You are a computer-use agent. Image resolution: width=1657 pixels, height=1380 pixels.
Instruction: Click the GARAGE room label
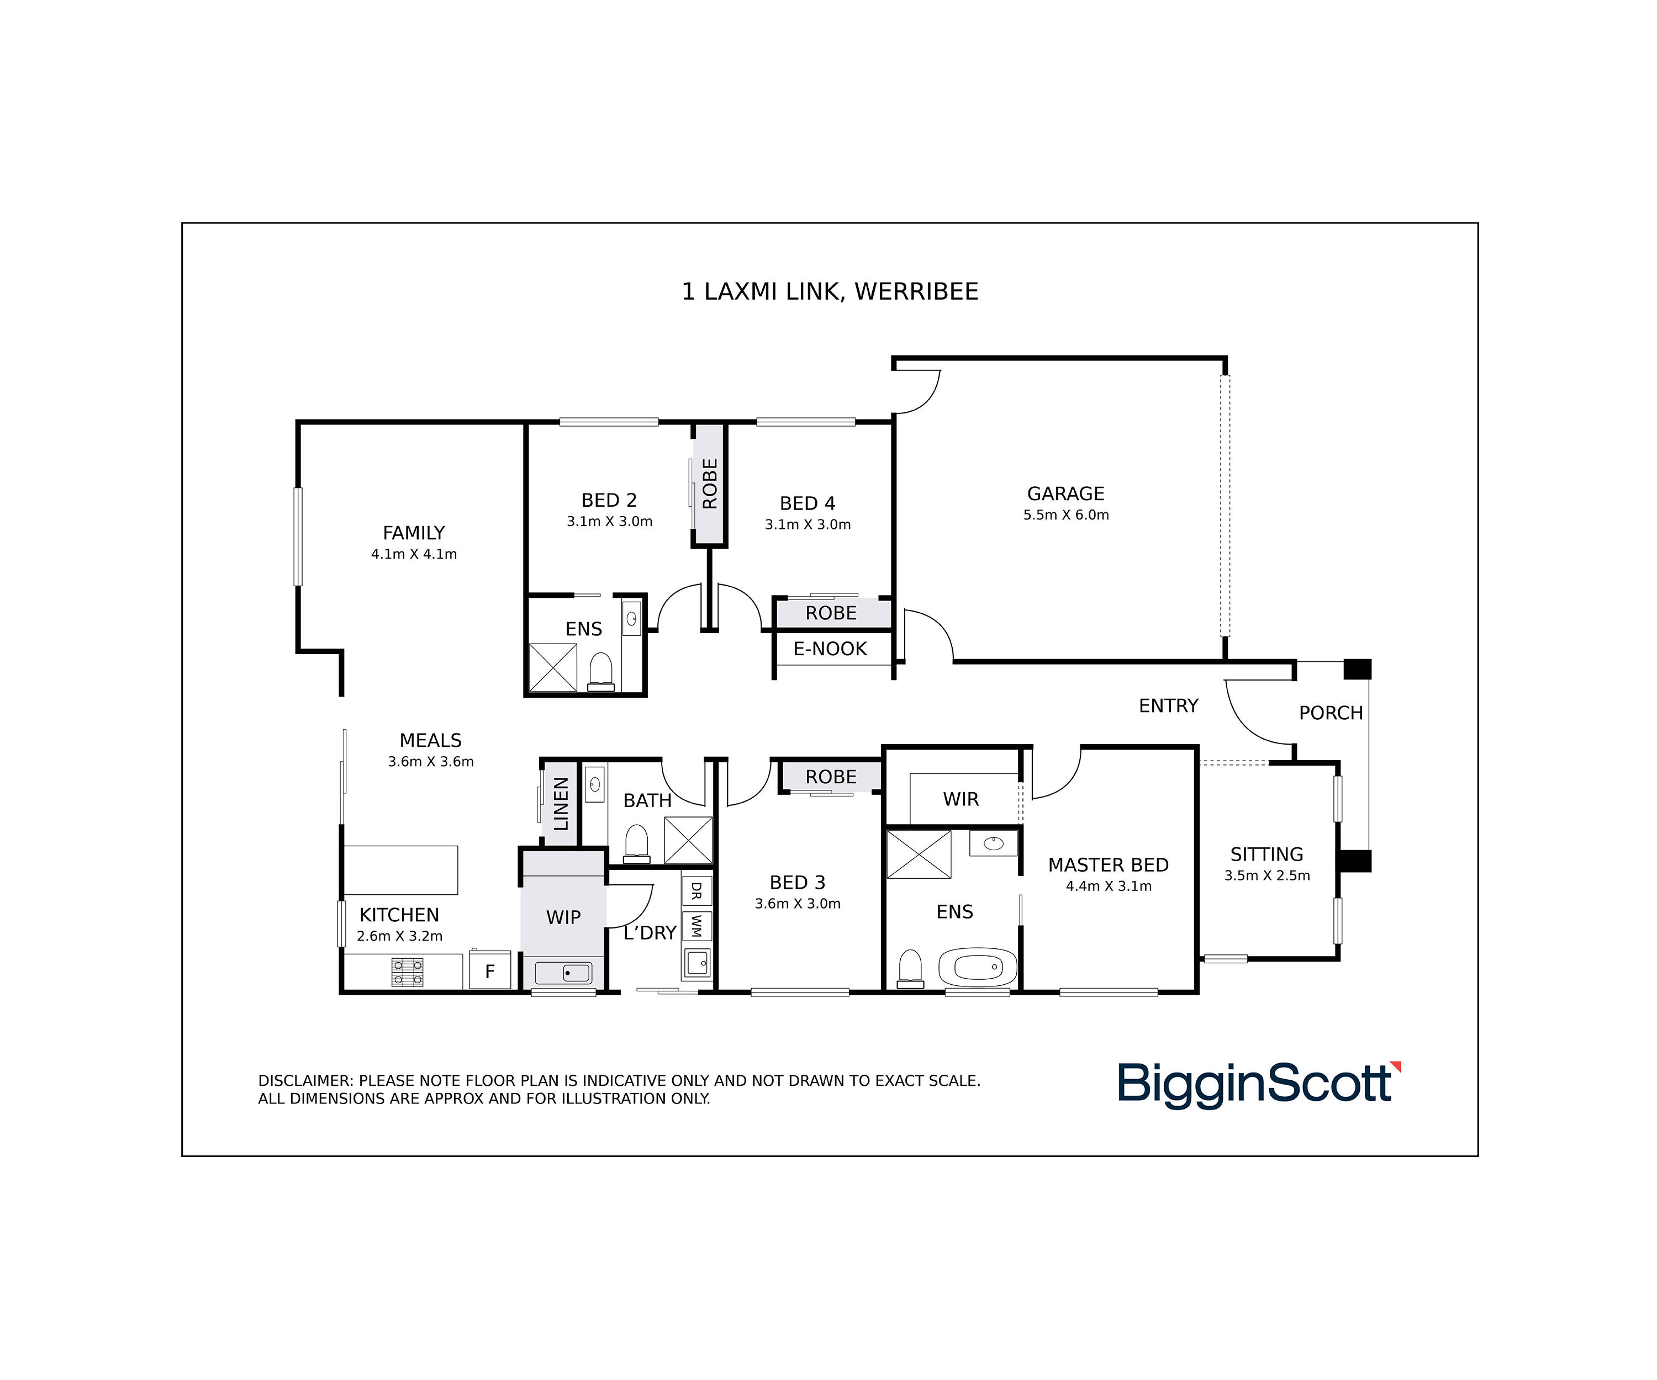(x=1065, y=493)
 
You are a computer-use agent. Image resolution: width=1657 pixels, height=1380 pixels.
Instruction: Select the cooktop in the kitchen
(x=407, y=972)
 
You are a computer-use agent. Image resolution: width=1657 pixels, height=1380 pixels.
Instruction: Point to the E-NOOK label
(x=830, y=649)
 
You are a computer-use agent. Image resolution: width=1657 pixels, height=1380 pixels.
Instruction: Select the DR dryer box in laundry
(x=696, y=891)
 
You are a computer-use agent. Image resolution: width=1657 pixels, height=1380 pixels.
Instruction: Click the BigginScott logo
(x=1259, y=1085)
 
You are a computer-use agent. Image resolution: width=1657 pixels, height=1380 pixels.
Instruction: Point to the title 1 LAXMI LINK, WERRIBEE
(x=830, y=292)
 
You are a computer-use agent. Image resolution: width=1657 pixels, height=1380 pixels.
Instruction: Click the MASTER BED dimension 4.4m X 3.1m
(x=1109, y=887)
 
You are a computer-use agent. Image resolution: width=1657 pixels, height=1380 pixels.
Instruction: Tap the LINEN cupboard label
(x=561, y=804)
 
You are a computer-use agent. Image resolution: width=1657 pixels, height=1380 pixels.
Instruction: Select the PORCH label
(x=1331, y=713)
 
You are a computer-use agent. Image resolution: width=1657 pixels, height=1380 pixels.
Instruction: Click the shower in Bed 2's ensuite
(x=552, y=668)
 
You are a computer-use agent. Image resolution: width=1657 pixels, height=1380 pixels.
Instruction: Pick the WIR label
(x=961, y=800)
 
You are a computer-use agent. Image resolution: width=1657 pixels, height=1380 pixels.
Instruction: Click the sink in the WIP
(x=563, y=973)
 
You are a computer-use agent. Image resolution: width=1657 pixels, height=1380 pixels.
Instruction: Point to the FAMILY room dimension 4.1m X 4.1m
(x=414, y=554)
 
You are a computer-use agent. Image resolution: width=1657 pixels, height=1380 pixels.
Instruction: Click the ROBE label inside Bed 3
(x=831, y=777)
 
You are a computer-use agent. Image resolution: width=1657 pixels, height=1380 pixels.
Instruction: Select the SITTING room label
(x=1267, y=855)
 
